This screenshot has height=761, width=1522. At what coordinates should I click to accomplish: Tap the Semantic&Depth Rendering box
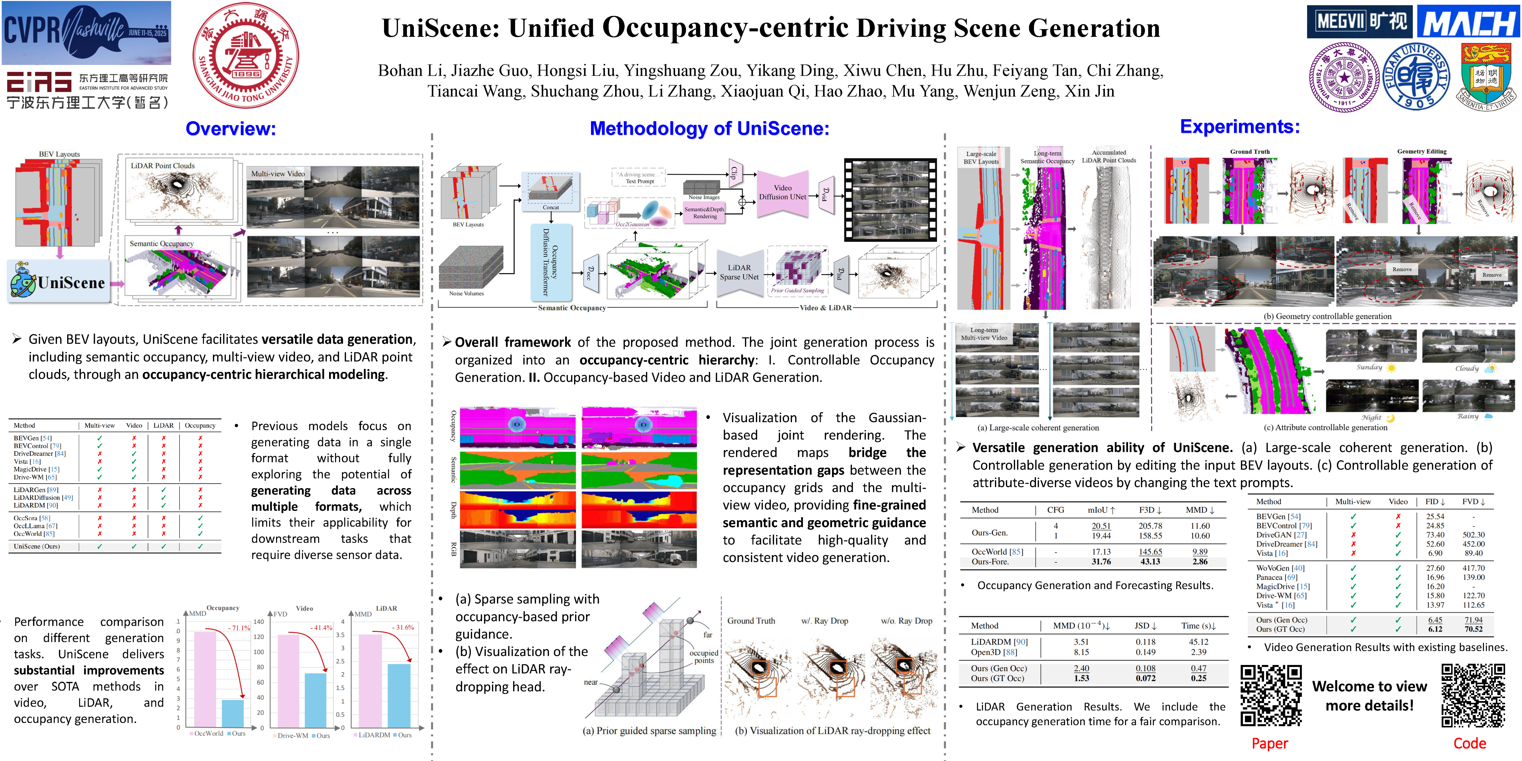coord(704,213)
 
